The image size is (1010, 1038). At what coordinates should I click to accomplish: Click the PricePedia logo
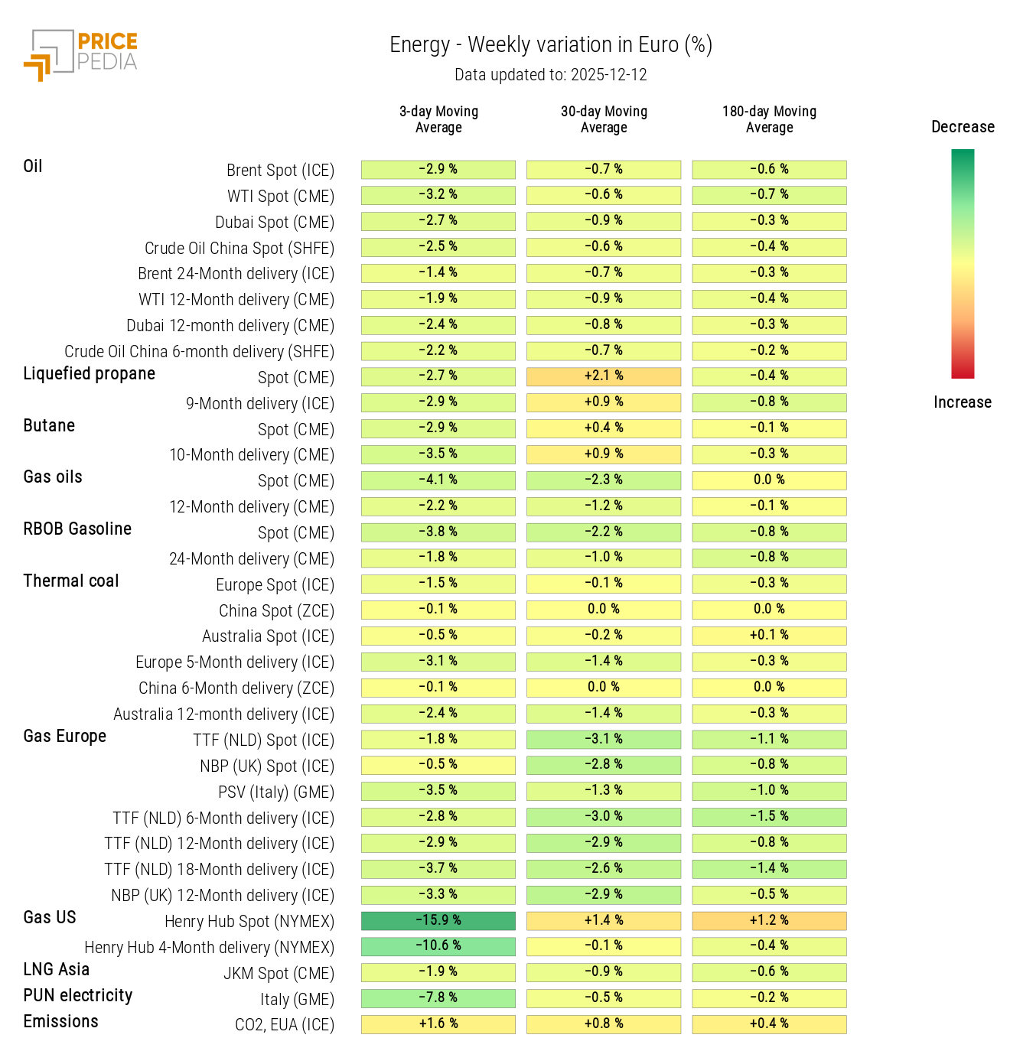(x=80, y=54)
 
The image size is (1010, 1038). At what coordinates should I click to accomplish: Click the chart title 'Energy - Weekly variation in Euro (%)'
(x=550, y=45)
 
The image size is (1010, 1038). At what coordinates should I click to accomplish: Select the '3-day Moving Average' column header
(x=438, y=119)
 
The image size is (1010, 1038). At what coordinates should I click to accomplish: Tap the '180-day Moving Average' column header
(x=769, y=119)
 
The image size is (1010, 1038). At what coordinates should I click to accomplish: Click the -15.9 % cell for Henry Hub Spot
(x=438, y=920)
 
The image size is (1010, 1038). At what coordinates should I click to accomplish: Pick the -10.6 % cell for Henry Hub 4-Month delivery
(x=438, y=946)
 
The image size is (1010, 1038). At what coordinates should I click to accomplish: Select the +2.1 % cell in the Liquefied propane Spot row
(x=604, y=376)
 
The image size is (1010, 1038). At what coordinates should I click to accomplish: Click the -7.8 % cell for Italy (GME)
(x=438, y=998)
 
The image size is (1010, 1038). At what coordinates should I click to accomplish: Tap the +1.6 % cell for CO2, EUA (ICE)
(x=438, y=1024)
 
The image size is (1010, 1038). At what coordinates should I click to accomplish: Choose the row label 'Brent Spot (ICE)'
(x=280, y=171)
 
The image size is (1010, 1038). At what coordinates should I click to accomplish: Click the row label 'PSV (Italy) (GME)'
(x=275, y=792)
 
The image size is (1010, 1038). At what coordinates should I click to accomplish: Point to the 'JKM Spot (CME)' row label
(x=279, y=974)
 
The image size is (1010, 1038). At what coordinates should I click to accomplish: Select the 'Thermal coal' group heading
(x=71, y=581)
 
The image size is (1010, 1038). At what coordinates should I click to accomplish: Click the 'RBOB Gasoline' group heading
(x=77, y=529)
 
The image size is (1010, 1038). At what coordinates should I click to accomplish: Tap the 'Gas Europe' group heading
(x=65, y=737)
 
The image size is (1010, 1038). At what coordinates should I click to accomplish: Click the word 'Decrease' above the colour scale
(x=963, y=127)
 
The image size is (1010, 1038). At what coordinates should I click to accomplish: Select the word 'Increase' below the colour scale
(x=962, y=402)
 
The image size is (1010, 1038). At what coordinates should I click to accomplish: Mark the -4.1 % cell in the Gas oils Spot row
(x=438, y=480)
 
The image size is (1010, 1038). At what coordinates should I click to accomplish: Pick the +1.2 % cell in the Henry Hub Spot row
(x=769, y=920)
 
